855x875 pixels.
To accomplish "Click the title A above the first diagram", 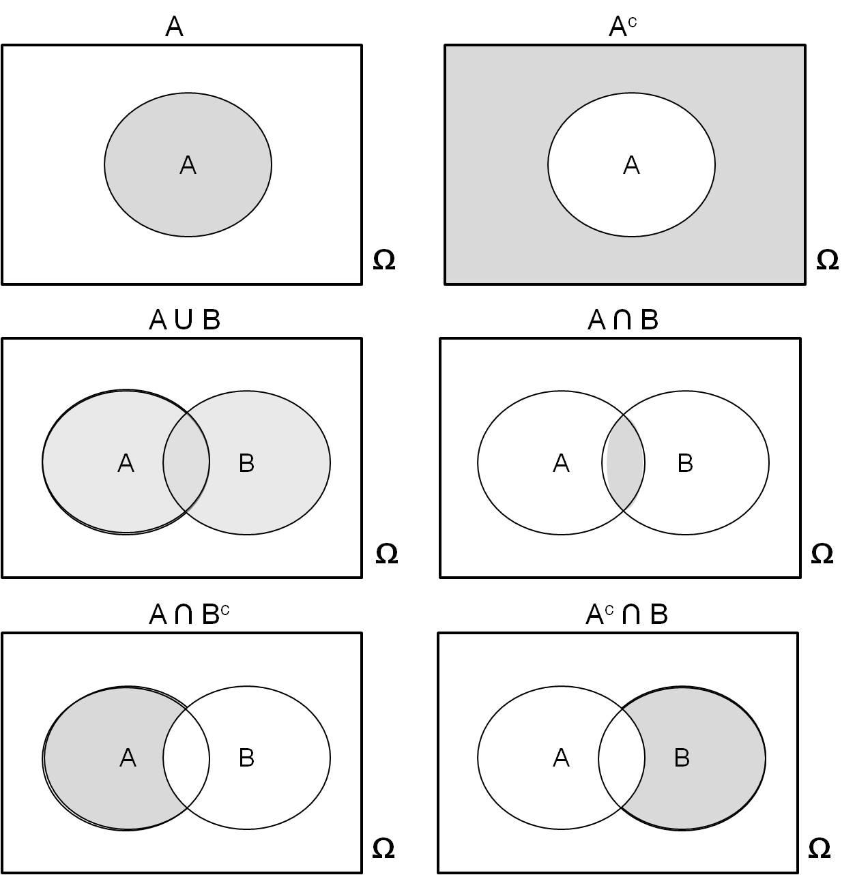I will tap(175, 27).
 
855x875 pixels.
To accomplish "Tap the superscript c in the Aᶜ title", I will tap(633, 22).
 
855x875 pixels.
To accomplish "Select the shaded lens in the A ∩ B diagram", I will tap(624, 462).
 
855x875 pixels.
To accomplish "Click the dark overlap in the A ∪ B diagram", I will tap(186, 462).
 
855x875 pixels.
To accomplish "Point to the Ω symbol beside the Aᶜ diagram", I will tap(827, 260).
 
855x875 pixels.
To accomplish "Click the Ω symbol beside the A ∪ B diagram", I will tap(386, 554).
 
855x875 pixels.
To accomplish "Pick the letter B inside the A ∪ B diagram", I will tap(246, 463).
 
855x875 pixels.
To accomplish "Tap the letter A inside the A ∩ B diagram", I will tap(561, 463).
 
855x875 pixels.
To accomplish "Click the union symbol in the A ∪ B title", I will tap(184, 320).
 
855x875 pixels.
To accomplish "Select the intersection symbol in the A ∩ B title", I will tap(622, 320).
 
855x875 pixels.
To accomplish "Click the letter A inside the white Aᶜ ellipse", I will tap(631, 165).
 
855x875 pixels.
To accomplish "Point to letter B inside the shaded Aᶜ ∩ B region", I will tap(682, 758).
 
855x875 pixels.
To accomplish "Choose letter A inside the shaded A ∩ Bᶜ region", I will tap(128, 758).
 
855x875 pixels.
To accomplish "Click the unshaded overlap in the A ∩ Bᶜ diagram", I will tap(186, 758).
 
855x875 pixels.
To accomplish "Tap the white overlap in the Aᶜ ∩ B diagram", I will tap(622, 758).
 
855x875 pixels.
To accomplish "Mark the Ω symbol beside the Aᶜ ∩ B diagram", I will tap(819, 848).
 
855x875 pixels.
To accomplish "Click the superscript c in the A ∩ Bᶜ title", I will tap(225, 610).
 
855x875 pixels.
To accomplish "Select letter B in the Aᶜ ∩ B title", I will tap(658, 615).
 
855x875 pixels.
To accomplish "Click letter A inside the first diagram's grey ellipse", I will tap(188, 165).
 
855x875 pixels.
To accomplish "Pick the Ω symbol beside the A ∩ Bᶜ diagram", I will tap(383, 848).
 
